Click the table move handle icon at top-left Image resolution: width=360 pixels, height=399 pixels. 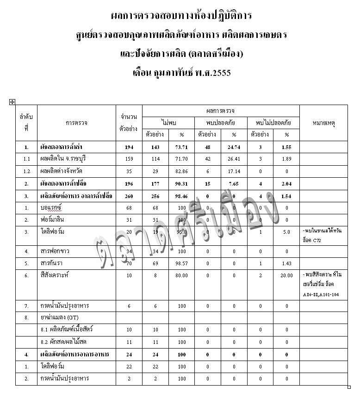coord(12,102)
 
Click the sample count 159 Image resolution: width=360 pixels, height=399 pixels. coord(129,159)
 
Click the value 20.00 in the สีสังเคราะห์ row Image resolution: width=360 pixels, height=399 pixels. coord(286,275)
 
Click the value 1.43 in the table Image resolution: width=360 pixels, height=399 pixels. coord(286,263)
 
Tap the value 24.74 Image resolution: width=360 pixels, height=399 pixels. coord(234,147)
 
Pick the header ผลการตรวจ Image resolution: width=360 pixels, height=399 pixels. coord(221,111)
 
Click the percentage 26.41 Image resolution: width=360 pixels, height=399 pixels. coord(234,159)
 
